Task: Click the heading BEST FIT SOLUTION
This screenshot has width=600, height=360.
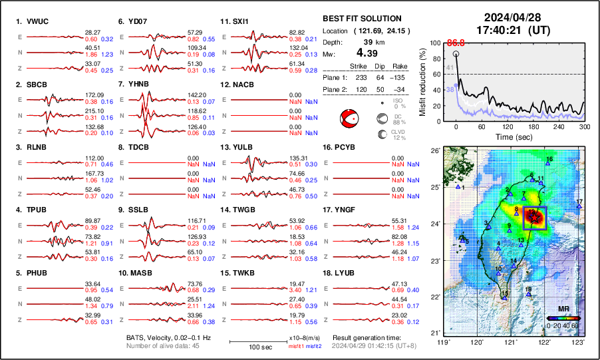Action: coord(362,19)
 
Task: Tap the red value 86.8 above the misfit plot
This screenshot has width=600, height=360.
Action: coord(456,43)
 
